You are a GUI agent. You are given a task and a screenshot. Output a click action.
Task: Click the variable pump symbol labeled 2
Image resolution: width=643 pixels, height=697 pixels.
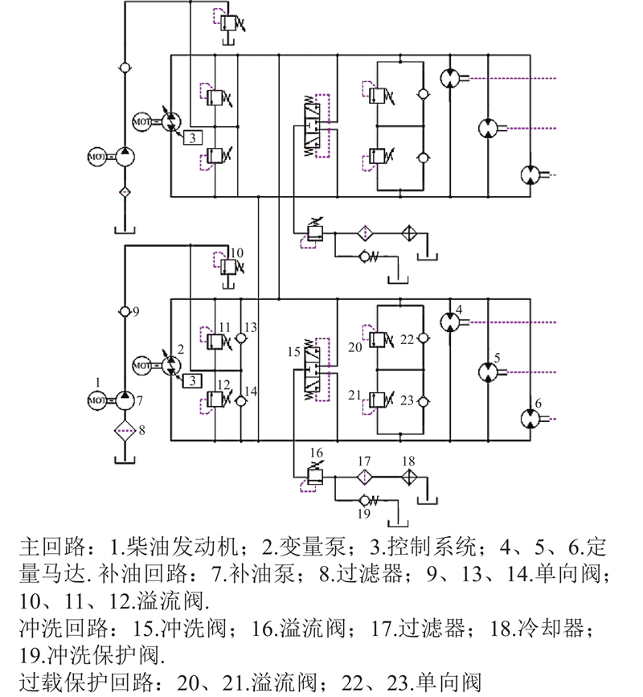[170, 366]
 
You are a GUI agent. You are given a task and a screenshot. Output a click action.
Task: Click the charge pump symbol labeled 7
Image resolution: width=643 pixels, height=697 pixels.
[124, 398]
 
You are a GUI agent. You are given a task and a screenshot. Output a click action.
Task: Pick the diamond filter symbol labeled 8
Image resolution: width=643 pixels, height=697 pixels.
[124, 428]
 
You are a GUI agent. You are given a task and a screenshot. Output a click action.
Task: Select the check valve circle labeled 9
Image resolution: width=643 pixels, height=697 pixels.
[124, 311]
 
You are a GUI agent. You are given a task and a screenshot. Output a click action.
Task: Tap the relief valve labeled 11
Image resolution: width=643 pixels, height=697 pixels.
[215, 342]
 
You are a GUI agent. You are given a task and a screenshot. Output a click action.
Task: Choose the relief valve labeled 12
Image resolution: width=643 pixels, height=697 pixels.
[215, 398]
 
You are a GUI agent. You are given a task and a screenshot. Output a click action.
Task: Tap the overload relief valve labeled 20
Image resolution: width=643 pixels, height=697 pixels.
[378, 342]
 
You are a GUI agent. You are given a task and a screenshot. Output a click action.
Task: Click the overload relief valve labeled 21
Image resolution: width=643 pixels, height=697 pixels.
[378, 399]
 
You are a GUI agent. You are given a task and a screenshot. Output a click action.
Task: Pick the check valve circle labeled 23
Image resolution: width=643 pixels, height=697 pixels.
[423, 399]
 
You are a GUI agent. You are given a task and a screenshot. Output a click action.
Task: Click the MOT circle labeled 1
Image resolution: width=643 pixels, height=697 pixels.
[96, 398]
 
